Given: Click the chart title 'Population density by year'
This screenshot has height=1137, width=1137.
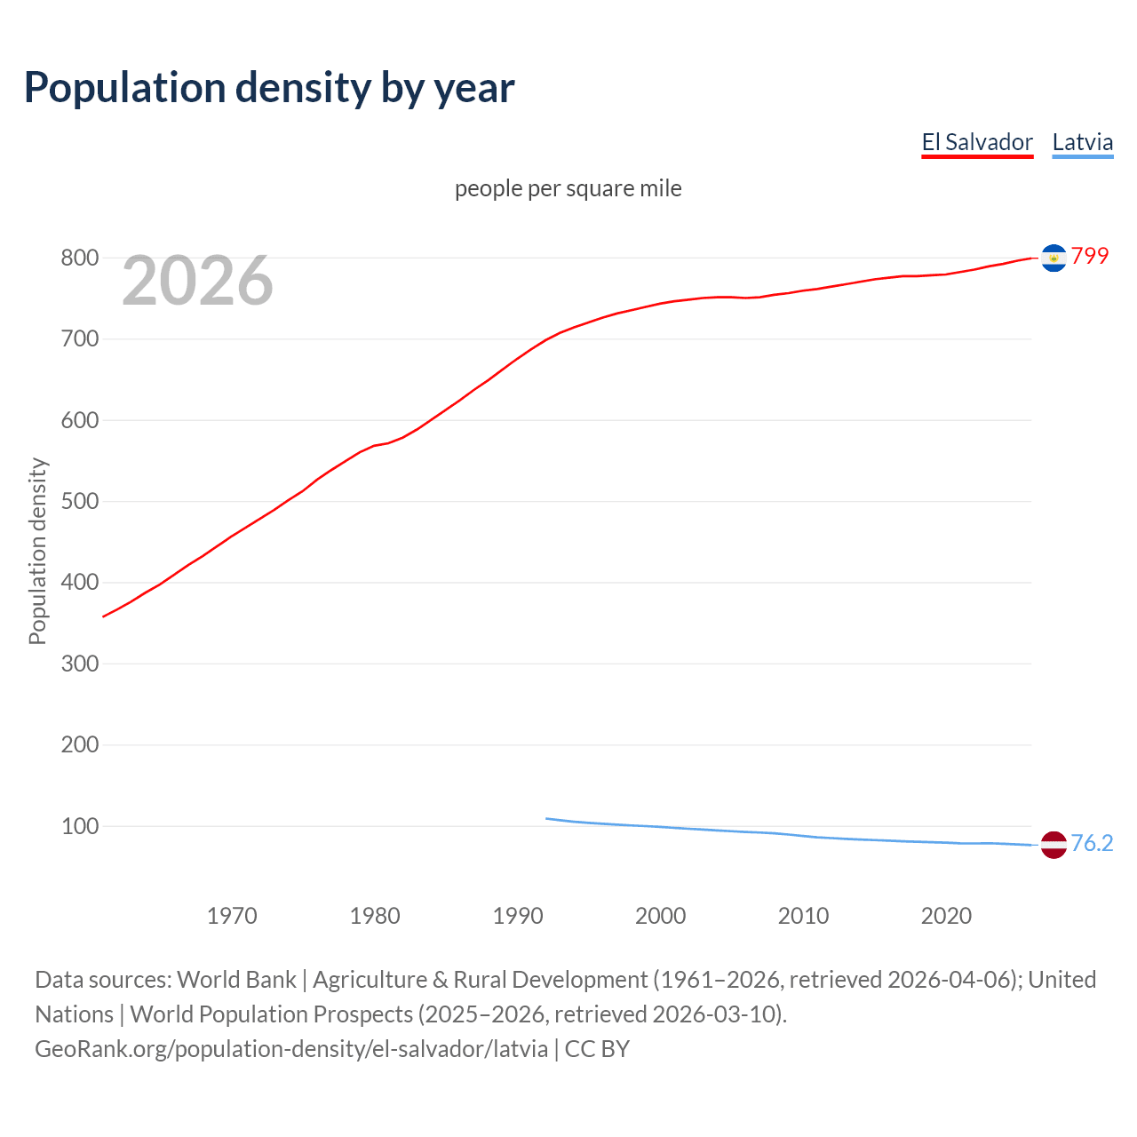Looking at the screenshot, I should pos(269,87).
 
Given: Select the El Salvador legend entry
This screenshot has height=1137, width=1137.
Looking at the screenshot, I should pos(977,142).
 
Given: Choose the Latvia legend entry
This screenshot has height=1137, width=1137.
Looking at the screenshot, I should pos(1082,142).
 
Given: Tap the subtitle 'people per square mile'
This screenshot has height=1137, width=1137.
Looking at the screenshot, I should pos(568,188).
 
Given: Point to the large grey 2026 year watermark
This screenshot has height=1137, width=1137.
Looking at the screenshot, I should pos(197,281).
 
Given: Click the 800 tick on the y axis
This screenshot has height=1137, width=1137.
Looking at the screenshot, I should pos(79,258).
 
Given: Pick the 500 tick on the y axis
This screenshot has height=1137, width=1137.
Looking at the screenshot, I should pos(79,501).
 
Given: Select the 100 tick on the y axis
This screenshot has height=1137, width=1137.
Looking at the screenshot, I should pos(79,826).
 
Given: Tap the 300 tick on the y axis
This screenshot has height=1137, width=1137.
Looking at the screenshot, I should pos(79,664).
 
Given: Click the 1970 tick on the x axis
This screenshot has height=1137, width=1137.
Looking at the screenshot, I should pos(232,916).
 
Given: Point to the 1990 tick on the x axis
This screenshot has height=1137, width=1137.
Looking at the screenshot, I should pos(518,916).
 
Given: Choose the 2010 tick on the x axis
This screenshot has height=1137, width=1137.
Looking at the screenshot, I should pos(803,916).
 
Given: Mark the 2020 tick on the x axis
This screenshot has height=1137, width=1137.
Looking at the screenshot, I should pos(946,916).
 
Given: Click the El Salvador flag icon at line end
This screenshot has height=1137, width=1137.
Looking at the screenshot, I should pos(1054,258).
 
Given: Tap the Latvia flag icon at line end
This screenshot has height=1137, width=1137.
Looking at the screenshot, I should pos(1054,845).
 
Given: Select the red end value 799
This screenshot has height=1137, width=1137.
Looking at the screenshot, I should pos(1090,256).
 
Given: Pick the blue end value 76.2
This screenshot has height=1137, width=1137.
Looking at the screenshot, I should pos(1092,843).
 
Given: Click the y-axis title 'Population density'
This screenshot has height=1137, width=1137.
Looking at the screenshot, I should pos(37,551).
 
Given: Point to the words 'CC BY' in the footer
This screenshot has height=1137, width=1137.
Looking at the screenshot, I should pos(597,1049).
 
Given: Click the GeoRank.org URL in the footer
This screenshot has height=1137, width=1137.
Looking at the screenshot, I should pos(291,1049).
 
